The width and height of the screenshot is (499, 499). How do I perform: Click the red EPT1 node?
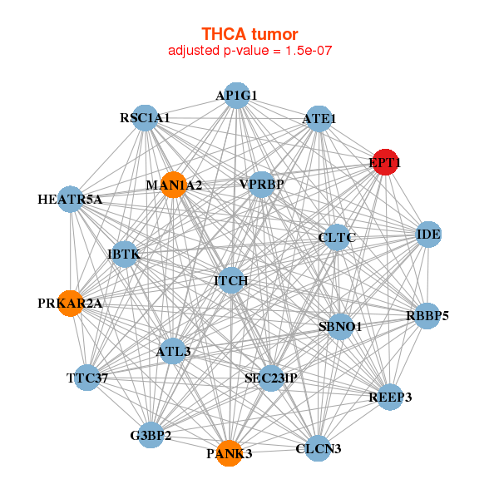(385, 163)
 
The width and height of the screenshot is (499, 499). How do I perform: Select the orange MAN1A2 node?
(173, 185)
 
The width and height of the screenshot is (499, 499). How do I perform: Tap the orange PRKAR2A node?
(71, 304)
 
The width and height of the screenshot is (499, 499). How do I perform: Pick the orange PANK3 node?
(229, 454)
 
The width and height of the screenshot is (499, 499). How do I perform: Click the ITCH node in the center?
(231, 281)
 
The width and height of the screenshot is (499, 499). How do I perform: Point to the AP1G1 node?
(237, 95)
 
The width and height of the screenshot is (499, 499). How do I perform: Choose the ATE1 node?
(319, 119)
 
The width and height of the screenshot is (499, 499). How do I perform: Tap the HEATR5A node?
(71, 200)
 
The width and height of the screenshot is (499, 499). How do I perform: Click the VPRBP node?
(261, 184)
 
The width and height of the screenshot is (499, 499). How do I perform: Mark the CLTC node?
(337, 238)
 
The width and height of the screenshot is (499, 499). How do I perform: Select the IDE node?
(428, 235)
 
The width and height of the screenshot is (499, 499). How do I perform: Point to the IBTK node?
(123, 254)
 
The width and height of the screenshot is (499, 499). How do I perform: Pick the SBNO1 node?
(340, 327)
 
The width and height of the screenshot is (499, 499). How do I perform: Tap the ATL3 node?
(173, 351)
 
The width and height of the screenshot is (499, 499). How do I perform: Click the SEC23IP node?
(271, 378)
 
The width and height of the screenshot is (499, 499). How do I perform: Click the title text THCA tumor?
(249, 33)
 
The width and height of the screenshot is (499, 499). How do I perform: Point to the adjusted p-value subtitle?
(249, 52)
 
